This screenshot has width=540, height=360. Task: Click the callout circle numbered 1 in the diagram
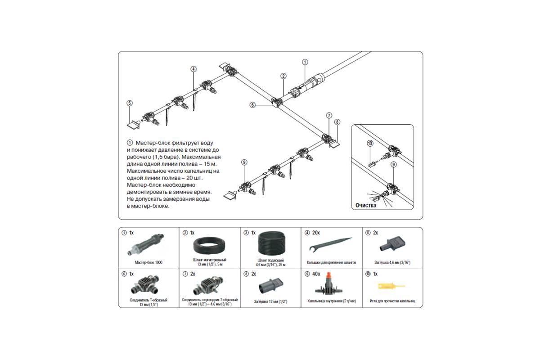(x=305, y=62)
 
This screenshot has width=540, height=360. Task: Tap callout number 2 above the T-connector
(x=283, y=76)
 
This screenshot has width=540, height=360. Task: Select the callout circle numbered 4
(x=193, y=69)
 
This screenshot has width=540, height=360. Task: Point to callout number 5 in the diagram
(x=130, y=103)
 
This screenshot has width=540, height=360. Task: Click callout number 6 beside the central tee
(x=253, y=105)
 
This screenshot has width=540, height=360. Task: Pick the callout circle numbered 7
(x=329, y=115)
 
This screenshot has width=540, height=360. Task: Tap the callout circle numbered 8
(x=337, y=121)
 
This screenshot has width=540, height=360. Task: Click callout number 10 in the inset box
(x=370, y=143)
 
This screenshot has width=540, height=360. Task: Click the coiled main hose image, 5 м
(x=209, y=247)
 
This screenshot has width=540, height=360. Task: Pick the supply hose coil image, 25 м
(x=270, y=246)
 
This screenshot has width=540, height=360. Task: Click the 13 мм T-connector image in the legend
(x=148, y=286)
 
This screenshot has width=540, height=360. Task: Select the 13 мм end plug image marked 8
(x=270, y=286)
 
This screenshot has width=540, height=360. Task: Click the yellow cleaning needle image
(x=391, y=285)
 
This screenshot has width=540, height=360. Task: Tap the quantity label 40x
(x=316, y=274)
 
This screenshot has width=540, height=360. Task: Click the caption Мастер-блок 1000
(x=148, y=262)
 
